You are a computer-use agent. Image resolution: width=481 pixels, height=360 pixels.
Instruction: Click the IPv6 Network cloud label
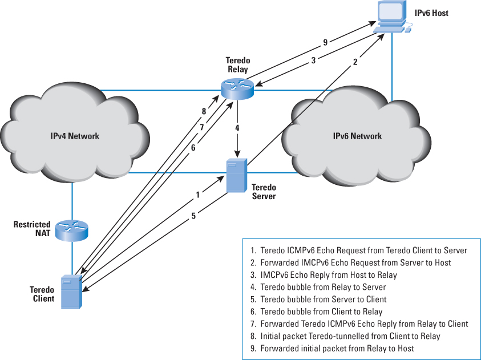357,136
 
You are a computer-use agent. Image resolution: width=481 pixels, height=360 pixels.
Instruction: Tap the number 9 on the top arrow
325,42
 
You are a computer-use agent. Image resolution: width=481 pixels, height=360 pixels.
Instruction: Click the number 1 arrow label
198,195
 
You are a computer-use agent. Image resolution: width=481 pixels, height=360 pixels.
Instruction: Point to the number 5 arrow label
193,216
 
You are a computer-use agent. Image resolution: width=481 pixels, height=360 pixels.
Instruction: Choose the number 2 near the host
355,62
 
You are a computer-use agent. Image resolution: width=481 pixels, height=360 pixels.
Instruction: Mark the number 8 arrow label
204,111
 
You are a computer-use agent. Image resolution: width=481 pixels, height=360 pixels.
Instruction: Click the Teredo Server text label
264,192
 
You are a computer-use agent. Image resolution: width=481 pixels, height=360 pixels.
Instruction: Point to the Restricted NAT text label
32,229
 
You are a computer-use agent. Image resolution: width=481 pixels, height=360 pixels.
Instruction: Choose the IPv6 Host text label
431,13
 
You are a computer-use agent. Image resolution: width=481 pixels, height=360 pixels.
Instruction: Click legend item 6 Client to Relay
321,312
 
